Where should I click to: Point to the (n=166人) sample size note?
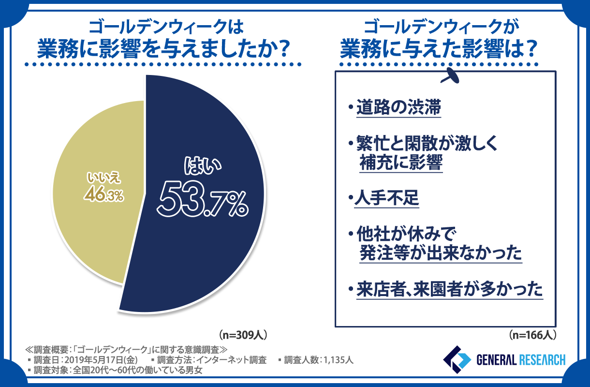pyautogui.click(x=533, y=334)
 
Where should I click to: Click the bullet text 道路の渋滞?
pyautogui.click(x=398, y=107)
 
